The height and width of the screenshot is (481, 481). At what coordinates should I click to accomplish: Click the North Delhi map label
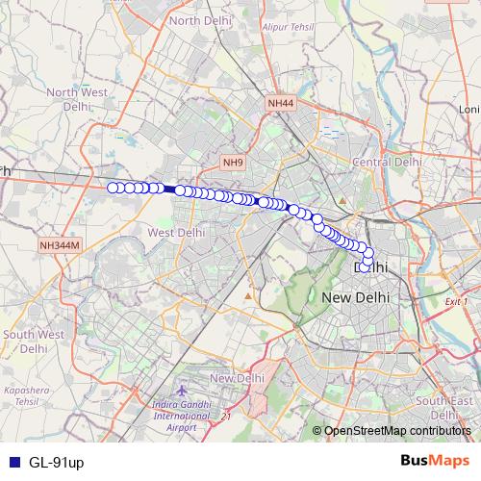(198, 20)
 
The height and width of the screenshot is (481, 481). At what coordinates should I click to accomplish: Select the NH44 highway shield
(281, 101)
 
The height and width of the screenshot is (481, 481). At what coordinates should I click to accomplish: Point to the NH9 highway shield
(233, 163)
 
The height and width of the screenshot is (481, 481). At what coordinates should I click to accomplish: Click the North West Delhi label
(76, 99)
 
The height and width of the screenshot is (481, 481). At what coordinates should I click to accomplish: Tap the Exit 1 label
(456, 302)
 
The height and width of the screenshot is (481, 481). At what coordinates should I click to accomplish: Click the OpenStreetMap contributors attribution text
(396, 431)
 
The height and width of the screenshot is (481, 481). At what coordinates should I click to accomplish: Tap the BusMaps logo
(432, 461)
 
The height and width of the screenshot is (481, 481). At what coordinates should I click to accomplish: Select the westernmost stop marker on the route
(113, 188)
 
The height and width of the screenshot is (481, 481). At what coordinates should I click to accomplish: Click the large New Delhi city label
(355, 297)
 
